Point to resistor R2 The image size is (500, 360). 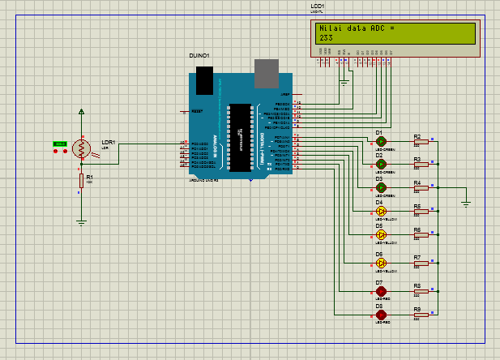point(419,142)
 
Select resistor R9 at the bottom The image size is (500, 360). point(419,315)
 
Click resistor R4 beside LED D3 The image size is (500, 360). point(419,188)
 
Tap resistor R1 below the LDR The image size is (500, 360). point(81,181)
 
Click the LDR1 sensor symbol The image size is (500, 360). point(81,148)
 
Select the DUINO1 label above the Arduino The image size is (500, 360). point(199,55)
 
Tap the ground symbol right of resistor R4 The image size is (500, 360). point(466,203)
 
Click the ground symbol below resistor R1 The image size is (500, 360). point(81,219)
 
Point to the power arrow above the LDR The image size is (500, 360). point(81,111)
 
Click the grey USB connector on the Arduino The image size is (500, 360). point(265,74)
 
